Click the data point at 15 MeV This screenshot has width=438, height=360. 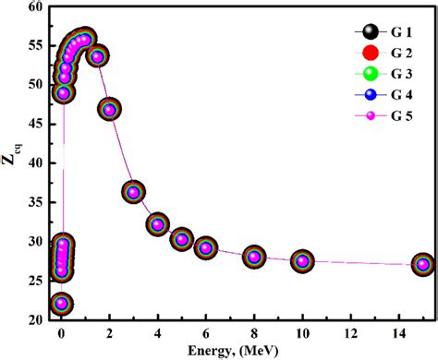coord(422,264)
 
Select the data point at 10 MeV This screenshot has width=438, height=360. coord(302,261)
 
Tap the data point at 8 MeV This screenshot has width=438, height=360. coord(254,257)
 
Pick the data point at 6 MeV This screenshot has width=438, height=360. coord(206,247)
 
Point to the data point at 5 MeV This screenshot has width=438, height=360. coord(182,239)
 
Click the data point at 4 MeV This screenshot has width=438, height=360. coord(158,223)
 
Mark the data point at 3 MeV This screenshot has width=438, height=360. coord(134,192)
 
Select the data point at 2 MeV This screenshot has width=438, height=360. coord(110,110)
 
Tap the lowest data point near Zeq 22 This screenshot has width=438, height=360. coord(62,304)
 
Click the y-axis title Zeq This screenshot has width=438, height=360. coord(11,162)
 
